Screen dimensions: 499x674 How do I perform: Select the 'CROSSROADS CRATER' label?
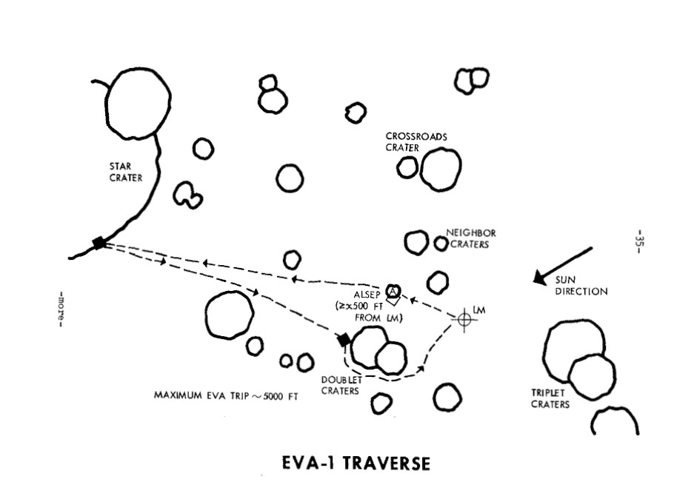point(416,141)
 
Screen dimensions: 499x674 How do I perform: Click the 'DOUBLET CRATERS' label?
point(341,385)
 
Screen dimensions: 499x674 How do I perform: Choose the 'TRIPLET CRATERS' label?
point(550,399)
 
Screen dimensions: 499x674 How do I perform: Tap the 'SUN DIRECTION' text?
point(581,286)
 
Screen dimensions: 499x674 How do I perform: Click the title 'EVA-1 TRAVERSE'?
point(356,464)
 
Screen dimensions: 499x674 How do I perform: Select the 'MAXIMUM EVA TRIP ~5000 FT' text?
point(226,395)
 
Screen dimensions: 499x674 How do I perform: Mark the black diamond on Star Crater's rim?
point(99,243)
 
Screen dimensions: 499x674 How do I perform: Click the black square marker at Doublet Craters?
point(344,340)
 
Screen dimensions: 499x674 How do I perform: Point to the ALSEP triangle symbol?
point(394,289)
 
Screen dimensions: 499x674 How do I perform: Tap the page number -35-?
point(639,241)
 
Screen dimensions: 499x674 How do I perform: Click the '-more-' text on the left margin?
point(61,308)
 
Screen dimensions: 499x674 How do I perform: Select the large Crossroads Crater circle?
point(441,169)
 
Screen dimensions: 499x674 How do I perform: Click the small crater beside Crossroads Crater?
point(407,167)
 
